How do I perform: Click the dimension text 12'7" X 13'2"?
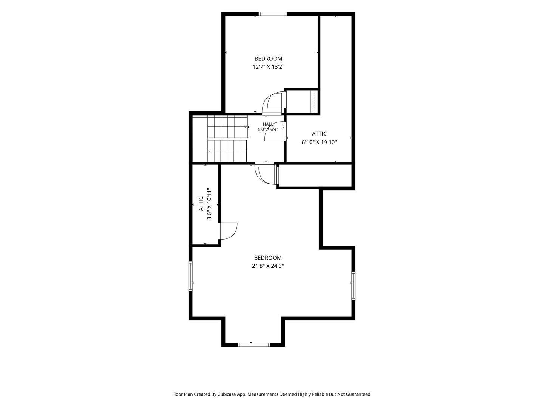[x=268, y=67]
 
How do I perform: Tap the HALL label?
[x=268, y=124]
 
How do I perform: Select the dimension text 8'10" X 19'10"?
[x=319, y=142]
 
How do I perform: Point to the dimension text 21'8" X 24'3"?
[x=268, y=266]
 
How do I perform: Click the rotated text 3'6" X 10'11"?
[x=209, y=204]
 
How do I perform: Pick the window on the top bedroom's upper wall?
[x=273, y=14]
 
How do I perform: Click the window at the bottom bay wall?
[x=254, y=345]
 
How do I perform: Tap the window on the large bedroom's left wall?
[x=190, y=276]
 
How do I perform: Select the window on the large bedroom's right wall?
[x=354, y=286]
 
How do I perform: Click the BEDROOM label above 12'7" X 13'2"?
[x=268, y=59]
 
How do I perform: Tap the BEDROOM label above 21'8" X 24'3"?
[x=268, y=258]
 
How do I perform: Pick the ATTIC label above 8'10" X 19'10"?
[x=319, y=134]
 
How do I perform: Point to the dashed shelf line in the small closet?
[x=314, y=102]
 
